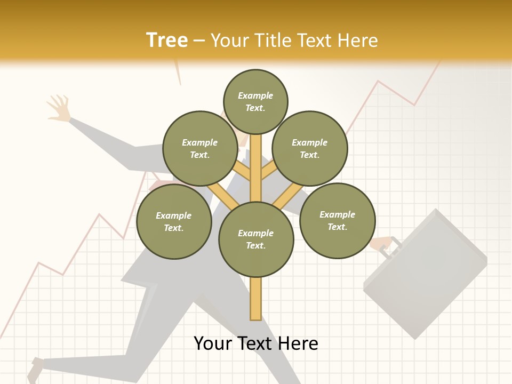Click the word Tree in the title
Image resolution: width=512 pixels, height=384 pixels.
point(167,41)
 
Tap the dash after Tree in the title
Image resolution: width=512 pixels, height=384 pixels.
point(199,41)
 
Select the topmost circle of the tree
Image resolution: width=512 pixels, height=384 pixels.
point(255,101)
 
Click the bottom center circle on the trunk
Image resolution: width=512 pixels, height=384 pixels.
point(256,239)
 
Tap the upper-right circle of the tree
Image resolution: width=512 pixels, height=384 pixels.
point(310,148)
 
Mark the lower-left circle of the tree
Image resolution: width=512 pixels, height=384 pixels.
point(174,221)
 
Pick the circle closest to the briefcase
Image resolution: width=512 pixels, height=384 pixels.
point(337,220)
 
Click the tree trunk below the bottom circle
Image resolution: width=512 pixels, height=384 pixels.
point(256,299)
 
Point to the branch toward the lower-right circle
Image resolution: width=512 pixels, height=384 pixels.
point(288,196)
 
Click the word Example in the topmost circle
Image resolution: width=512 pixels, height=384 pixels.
point(255,96)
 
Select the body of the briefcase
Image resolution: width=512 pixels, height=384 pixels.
point(427,272)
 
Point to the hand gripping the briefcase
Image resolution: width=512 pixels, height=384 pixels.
point(381,245)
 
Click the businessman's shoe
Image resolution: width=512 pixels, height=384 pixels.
point(36,368)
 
